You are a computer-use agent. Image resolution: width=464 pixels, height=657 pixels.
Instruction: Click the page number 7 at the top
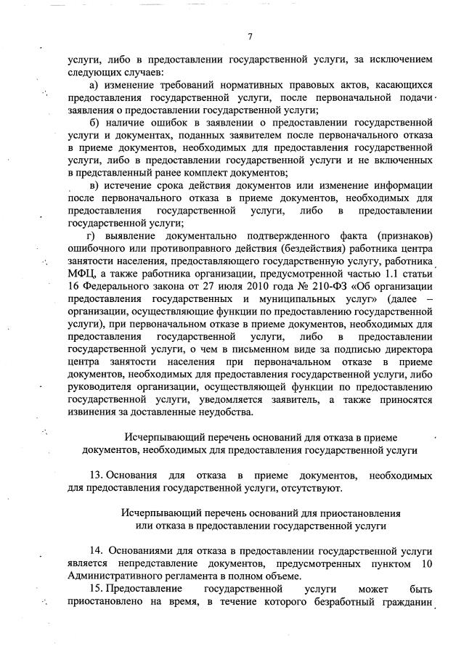(x=249, y=36)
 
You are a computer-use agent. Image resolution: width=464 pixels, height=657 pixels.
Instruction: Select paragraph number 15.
(x=97, y=588)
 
